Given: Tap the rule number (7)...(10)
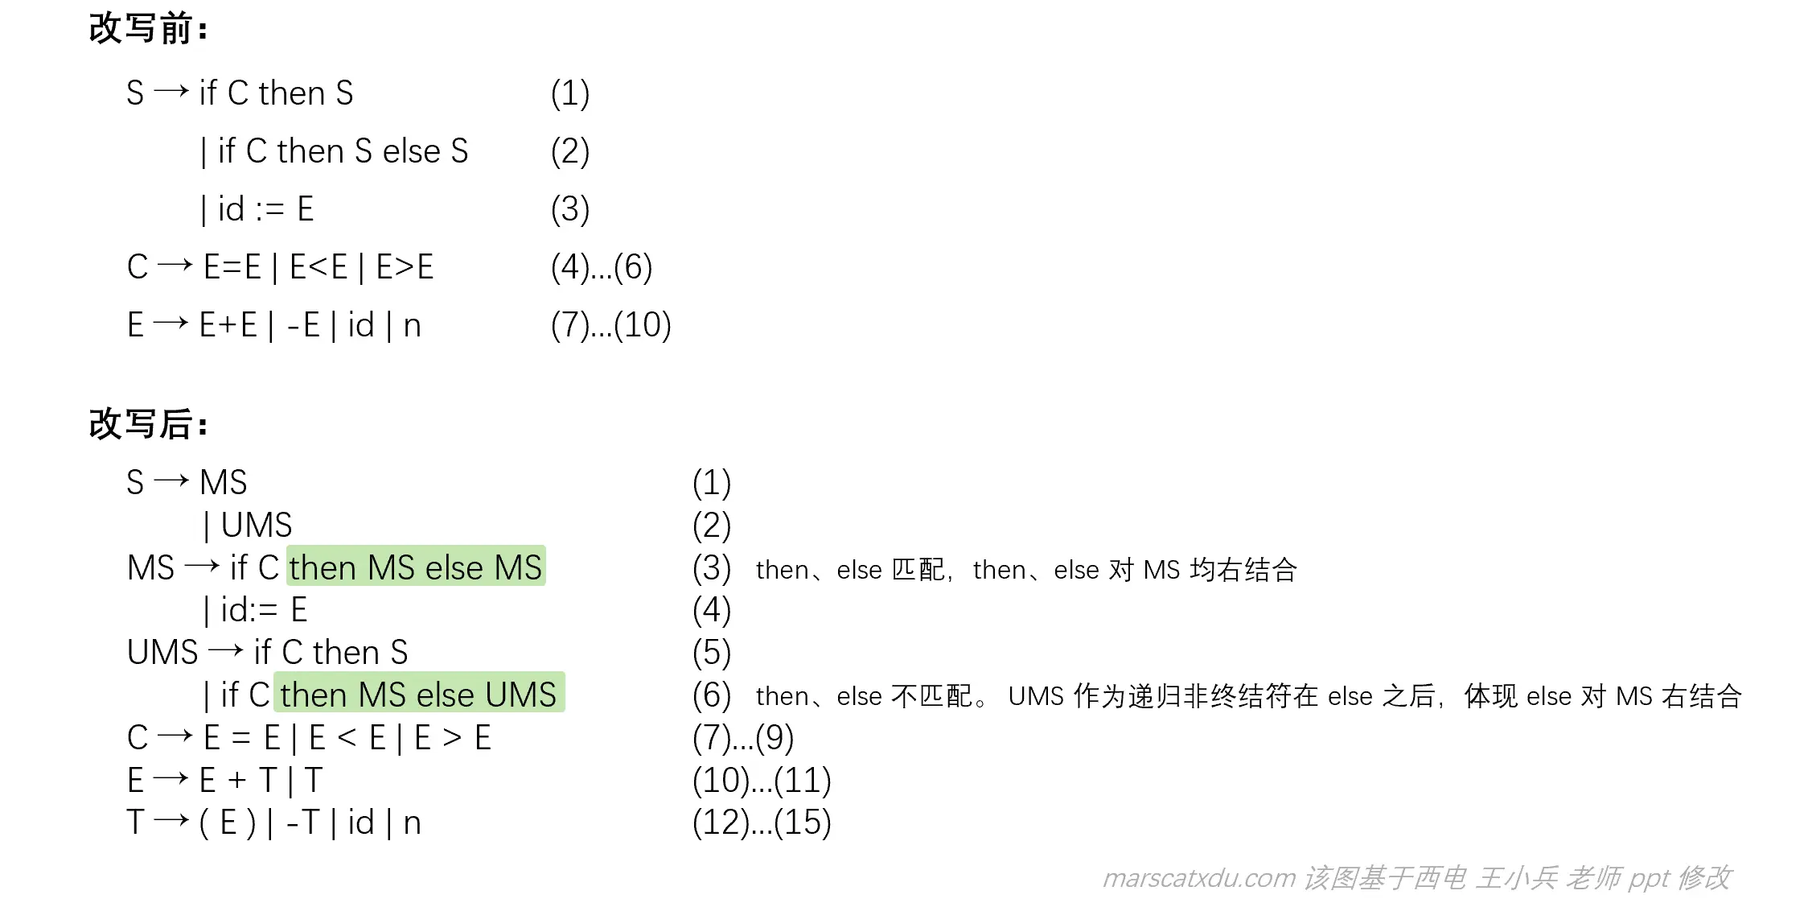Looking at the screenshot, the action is coord(610,325).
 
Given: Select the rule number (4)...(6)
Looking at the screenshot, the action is coord(601,267).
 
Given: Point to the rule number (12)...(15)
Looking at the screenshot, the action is coord(761,823).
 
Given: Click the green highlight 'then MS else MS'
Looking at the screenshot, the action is coord(416,567).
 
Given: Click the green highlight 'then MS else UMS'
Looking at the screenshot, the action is coord(418,695).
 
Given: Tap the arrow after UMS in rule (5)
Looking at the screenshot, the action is coord(225,650).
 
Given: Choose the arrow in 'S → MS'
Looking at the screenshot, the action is coord(171,481).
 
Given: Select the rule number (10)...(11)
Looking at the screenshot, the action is coord(761,780).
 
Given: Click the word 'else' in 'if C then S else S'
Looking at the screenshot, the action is coord(411,151).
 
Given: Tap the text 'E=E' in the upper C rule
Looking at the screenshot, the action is coord(232,267).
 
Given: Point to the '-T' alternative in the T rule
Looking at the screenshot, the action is coord(303,823).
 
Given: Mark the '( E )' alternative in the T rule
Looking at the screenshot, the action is coord(227,823).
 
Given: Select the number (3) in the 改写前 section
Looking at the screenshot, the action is coord(570,209).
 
